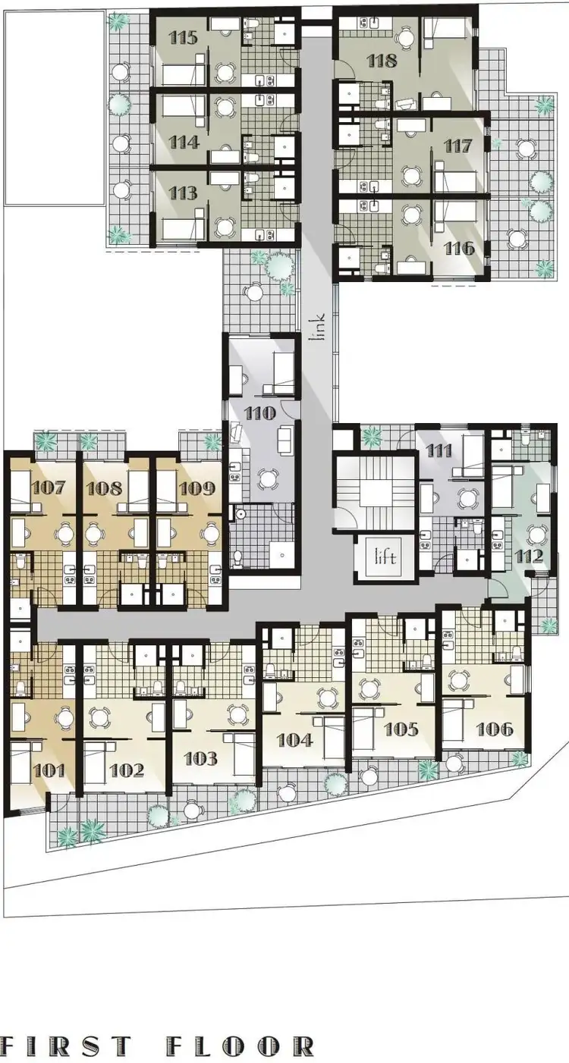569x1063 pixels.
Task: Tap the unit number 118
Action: tap(381, 61)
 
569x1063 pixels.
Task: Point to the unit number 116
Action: tap(460, 248)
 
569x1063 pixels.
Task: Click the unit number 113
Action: tap(184, 193)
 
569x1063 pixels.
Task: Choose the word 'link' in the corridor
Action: tap(319, 328)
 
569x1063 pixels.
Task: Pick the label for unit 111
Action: tap(439, 451)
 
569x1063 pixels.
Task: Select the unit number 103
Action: tap(200, 758)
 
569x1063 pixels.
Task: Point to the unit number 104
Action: tap(294, 738)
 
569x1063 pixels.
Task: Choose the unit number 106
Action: tap(493, 729)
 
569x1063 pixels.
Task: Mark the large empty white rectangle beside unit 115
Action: tap(54, 108)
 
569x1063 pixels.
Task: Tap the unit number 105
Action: tap(401, 729)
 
